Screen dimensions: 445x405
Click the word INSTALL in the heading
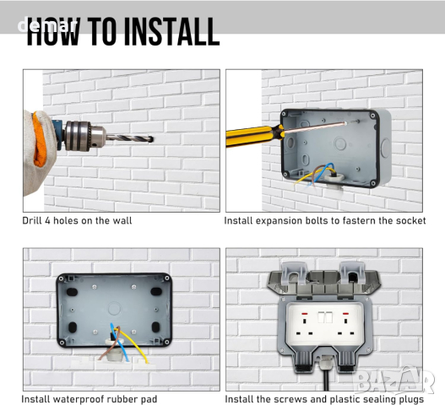[x=171, y=31]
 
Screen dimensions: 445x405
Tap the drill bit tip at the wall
[x=152, y=139]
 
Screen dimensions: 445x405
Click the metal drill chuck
[x=84, y=136]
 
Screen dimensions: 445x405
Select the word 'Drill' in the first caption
[x=32, y=221]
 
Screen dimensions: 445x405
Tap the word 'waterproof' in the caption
[x=81, y=399]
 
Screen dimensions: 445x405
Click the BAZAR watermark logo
[x=394, y=381]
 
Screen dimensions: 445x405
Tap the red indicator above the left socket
[x=304, y=314]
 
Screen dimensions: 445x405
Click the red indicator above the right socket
[x=345, y=314]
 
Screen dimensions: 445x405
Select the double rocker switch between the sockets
[x=325, y=317]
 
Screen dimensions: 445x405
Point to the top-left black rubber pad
[x=72, y=292]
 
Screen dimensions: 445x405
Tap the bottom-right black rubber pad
[x=156, y=327]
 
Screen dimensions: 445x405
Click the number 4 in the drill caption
[x=47, y=221]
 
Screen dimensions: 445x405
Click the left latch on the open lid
[x=294, y=273]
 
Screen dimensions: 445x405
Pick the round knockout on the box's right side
[x=386, y=148]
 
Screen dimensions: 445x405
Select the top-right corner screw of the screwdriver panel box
[x=372, y=116]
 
